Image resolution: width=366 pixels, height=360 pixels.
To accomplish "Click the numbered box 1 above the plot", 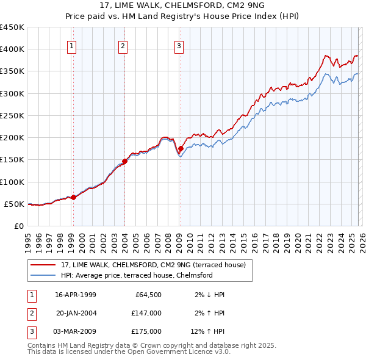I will pyautogui.click(x=72, y=45).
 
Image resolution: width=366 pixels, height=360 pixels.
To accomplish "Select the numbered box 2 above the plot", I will pyautogui.click(x=123, y=45).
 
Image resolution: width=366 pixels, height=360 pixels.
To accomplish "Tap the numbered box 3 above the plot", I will pyautogui.click(x=179, y=45).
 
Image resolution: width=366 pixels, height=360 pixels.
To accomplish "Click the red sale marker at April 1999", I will pyautogui.click(x=73, y=197).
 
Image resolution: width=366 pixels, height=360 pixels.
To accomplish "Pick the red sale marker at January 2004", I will pyautogui.click(x=124, y=161).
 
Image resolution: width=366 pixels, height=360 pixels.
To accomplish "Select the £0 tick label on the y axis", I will pyautogui.click(x=18, y=226).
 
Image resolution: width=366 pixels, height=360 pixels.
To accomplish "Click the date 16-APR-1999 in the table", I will pyautogui.click(x=75, y=295).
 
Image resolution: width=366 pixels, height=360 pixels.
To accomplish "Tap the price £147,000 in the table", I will pyautogui.click(x=146, y=313).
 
